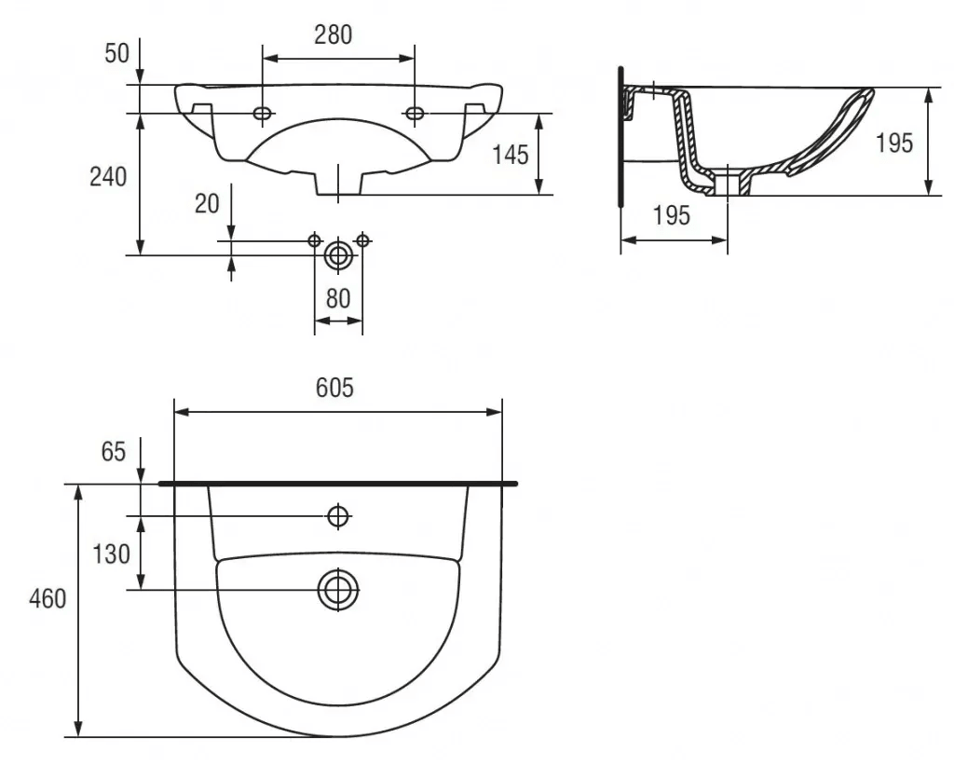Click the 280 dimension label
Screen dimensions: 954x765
tap(333, 34)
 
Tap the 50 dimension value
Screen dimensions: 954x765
tap(116, 53)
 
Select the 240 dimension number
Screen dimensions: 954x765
tap(108, 176)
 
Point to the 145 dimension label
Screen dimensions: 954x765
tap(510, 155)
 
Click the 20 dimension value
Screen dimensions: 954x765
tap(207, 203)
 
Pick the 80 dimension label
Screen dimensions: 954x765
tap(338, 298)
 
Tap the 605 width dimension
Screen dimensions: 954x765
tap(334, 387)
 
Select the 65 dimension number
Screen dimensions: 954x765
tap(113, 452)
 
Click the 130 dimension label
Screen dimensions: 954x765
tap(111, 553)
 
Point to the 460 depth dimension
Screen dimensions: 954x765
tap(48, 599)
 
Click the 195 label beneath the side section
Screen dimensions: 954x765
tap(672, 215)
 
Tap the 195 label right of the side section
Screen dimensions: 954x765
tap(894, 143)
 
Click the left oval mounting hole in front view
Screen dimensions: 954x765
tap(263, 113)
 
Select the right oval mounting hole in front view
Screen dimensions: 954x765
tap(415, 113)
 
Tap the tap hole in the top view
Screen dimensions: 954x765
tap(337, 516)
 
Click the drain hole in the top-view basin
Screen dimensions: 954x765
tap(337, 590)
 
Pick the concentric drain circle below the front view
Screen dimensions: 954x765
tap(338, 255)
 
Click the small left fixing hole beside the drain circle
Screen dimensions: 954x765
tap(314, 240)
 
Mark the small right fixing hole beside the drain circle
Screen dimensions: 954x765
tap(362, 240)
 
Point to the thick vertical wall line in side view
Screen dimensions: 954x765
tap(620, 137)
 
